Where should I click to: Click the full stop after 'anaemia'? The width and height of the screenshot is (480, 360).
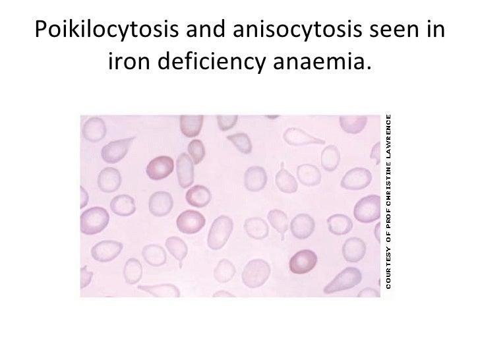point(368,69)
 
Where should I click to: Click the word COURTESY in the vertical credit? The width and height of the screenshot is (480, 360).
point(389,268)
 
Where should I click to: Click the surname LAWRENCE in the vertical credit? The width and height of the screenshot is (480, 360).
point(389,135)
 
